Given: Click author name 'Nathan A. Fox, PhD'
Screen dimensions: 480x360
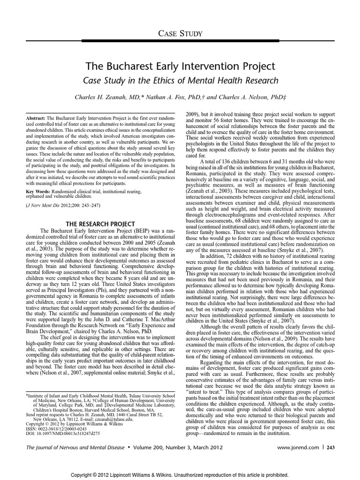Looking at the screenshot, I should click(x=175, y=97).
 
